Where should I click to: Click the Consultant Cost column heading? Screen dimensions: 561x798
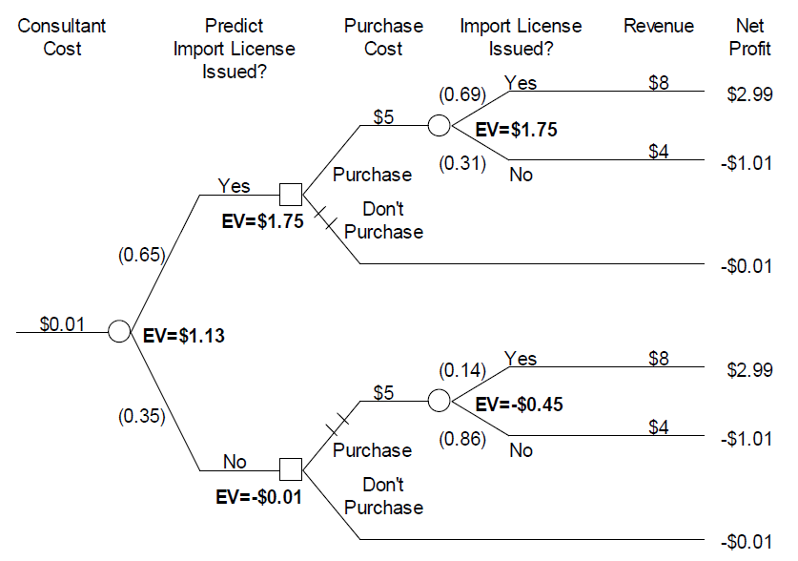click(x=63, y=36)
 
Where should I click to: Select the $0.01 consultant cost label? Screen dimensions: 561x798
click(x=62, y=323)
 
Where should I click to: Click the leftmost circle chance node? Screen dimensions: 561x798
click(x=118, y=331)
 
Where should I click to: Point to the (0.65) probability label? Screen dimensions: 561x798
click(x=141, y=255)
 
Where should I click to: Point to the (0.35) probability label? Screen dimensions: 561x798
click(x=141, y=416)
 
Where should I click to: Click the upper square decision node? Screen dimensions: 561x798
click(x=291, y=195)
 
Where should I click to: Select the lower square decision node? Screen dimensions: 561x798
click(x=291, y=469)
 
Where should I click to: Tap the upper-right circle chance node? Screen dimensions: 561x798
click(x=440, y=125)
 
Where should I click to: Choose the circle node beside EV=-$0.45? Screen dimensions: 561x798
click(x=440, y=401)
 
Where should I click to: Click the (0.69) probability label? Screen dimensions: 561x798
click(x=462, y=94)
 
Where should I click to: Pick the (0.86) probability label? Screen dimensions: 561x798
click(x=462, y=440)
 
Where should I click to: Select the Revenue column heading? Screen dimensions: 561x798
click(x=659, y=26)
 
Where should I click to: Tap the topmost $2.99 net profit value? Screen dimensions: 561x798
click(x=749, y=94)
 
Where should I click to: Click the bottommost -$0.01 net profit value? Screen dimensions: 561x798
click(x=747, y=543)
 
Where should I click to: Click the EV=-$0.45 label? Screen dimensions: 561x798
click(x=519, y=405)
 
